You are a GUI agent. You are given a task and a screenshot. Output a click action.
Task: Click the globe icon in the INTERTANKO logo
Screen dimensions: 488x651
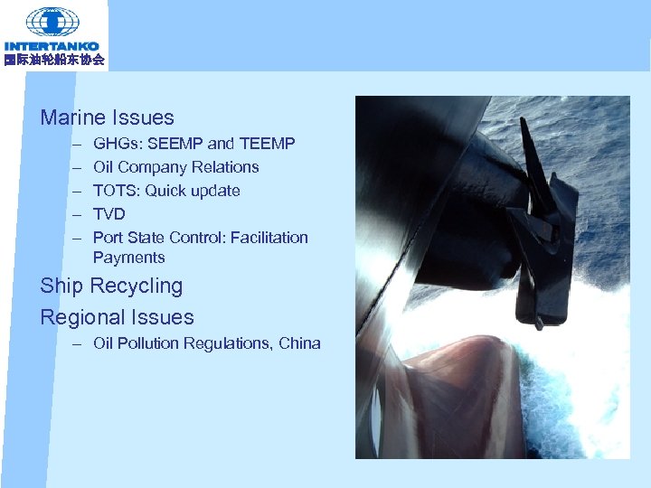52,21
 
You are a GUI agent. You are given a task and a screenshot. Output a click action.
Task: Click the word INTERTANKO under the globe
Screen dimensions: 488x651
52,46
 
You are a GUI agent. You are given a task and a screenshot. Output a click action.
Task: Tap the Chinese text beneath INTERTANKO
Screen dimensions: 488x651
53,60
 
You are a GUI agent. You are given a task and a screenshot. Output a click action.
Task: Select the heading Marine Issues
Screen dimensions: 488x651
107,117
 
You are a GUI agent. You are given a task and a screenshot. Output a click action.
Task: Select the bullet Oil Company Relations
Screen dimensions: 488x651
175,167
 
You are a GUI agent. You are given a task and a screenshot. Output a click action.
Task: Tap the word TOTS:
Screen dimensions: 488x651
116,191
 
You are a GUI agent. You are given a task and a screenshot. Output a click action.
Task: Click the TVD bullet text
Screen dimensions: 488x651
108,214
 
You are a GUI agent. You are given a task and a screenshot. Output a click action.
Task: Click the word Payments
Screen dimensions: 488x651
128,258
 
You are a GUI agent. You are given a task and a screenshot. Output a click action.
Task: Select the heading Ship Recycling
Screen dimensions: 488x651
111,286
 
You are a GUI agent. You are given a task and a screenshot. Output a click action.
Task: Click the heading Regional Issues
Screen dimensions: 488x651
117,317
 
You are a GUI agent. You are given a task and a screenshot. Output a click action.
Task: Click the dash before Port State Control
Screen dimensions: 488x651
78,238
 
